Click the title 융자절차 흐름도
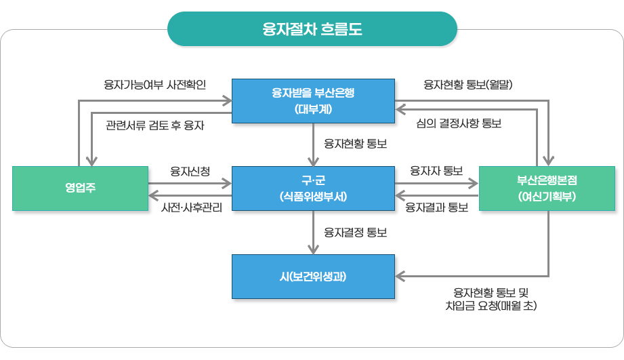[x=312, y=29]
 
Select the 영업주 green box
[x=80, y=188]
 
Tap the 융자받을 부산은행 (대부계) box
[x=313, y=100]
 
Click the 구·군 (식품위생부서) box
[x=313, y=188]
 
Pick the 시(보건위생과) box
[x=313, y=276]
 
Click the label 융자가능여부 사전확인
[x=154, y=85]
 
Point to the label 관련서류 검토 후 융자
[x=155, y=125]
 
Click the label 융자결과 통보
[x=436, y=207]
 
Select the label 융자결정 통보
[x=355, y=233]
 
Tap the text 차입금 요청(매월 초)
[x=486, y=306]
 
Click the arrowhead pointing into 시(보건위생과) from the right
[x=400, y=276]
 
